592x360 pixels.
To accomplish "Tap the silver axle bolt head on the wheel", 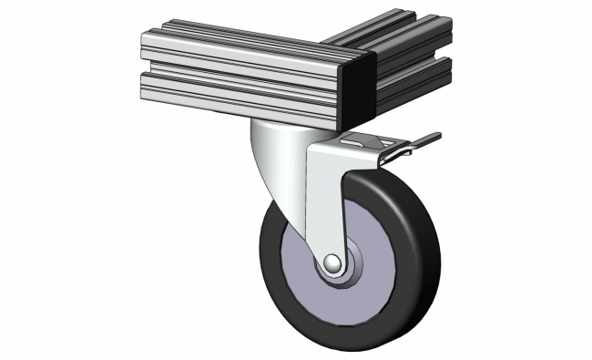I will [x=332, y=264].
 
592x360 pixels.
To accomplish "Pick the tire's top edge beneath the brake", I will [x=383, y=175].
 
